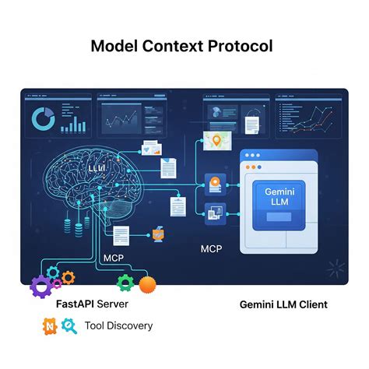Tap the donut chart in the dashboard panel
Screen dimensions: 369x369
point(42,120)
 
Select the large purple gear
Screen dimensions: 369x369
point(41,285)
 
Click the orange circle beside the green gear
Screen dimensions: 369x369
point(147,284)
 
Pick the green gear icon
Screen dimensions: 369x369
point(125,283)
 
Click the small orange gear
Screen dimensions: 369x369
point(69,276)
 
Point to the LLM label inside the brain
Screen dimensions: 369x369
point(97,167)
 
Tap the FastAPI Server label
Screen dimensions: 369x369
point(92,304)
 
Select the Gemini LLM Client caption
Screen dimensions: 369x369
point(283,304)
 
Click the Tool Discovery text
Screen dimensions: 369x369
point(118,325)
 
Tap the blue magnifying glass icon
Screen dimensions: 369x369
point(69,326)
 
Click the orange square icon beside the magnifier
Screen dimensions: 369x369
point(49,325)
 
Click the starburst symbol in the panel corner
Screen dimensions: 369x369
point(334,269)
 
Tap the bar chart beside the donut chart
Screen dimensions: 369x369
point(72,121)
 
